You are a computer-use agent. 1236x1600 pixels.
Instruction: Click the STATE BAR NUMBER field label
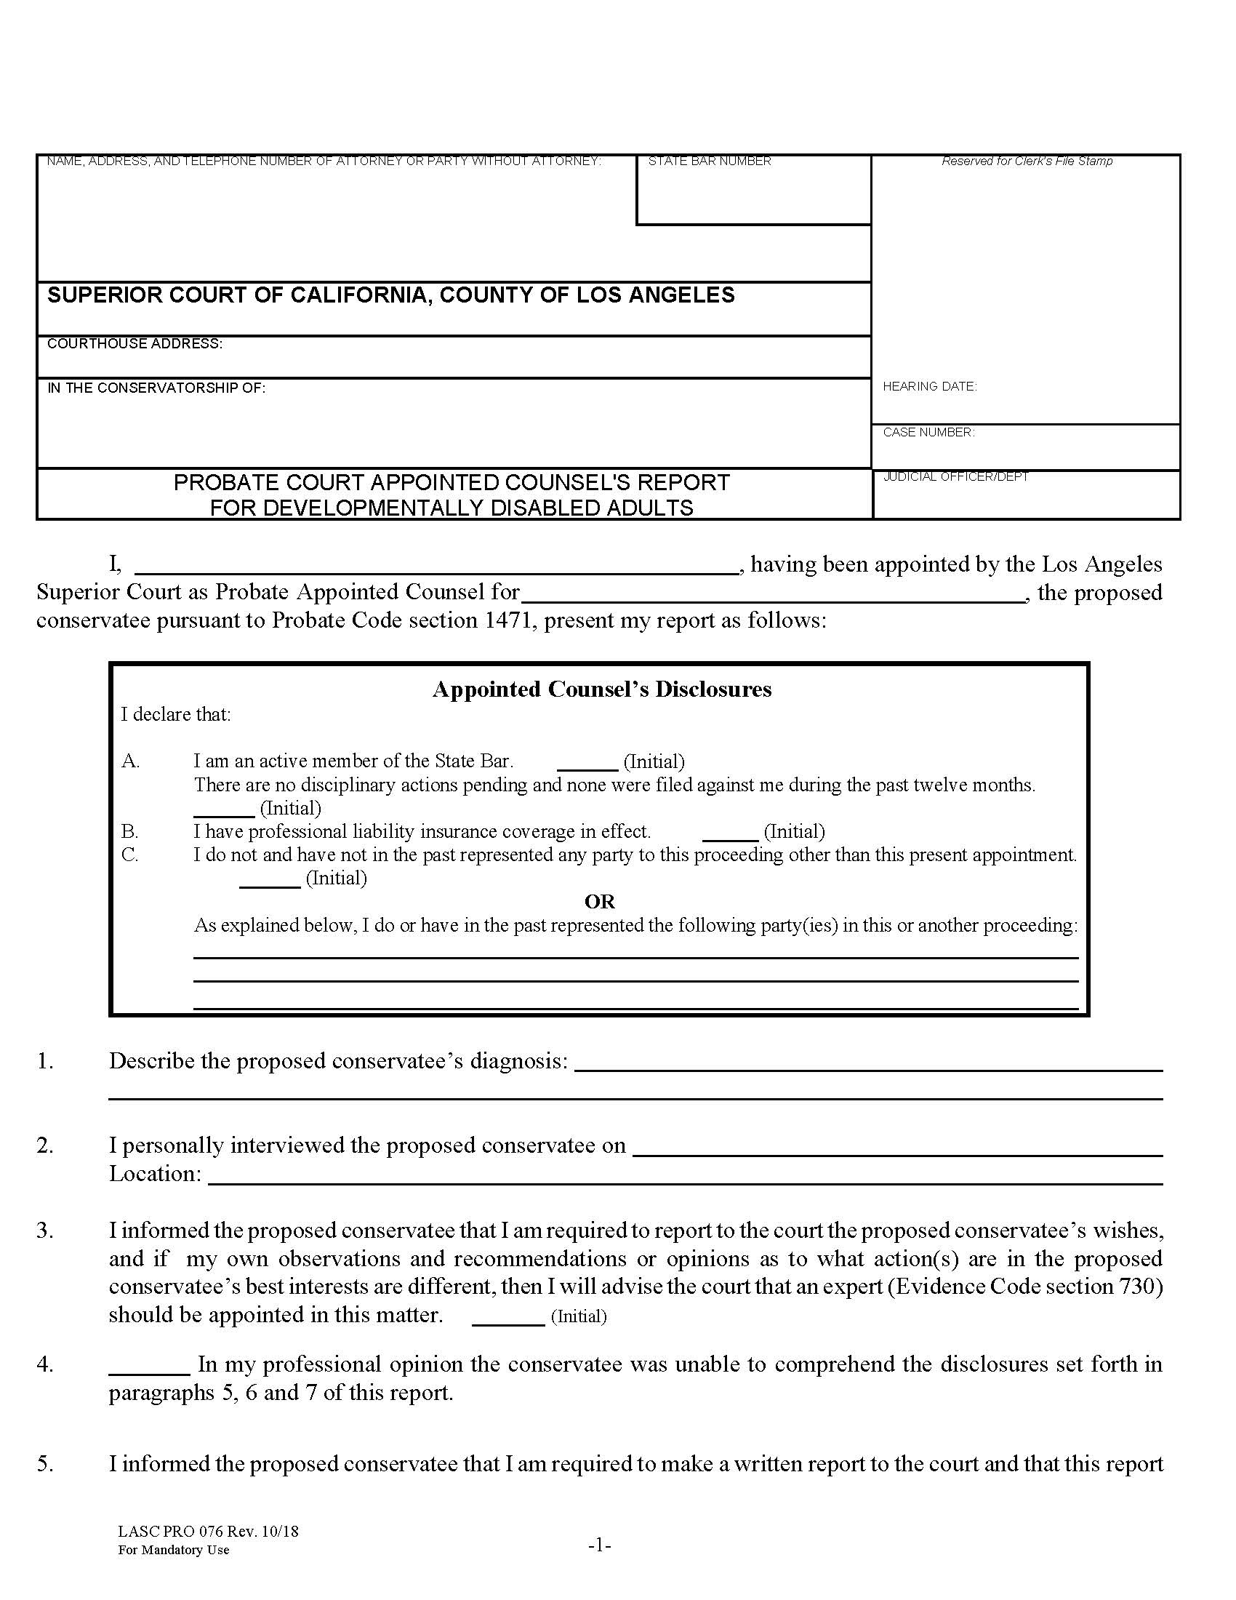pyautogui.click(x=709, y=161)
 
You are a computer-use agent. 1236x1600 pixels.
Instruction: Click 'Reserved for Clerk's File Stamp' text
pyautogui.click(x=1027, y=161)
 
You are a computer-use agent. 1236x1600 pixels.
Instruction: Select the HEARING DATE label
pyautogui.click(x=929, y=386)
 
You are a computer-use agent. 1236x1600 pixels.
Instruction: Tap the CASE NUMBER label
pyautogui.click(x=928, y=432)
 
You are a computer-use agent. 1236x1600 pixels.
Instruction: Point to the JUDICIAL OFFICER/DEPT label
pyautogui.click(x=955, y=477)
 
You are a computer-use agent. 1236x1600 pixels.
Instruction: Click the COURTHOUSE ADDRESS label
pyautogui.click(x=135, y=343)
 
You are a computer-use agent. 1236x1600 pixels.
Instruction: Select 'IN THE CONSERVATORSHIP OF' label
pyautogui.click(x=156, y=388)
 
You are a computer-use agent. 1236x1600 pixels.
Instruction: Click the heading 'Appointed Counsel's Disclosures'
pyautogui.click(x=601, y=689)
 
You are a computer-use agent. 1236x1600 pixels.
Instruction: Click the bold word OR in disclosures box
pyautogui.click(x=600, y=901)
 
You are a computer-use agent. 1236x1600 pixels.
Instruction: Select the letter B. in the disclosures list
pyautogui.click(x=130, y=831)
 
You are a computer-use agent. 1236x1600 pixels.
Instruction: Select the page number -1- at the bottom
pyautogui.click(x=600, y=1545)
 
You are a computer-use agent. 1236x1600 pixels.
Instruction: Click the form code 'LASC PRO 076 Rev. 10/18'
pyautogui.click(x=208, y=1532)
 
